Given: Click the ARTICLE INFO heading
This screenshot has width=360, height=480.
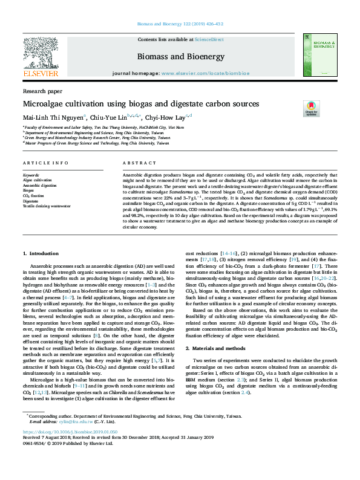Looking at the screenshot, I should (42, 164).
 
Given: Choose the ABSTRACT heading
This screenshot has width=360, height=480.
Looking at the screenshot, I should (136, 164).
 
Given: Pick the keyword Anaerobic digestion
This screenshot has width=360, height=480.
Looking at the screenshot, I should (40, 185).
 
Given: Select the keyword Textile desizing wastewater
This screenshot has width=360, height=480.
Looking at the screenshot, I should (46, 206).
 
